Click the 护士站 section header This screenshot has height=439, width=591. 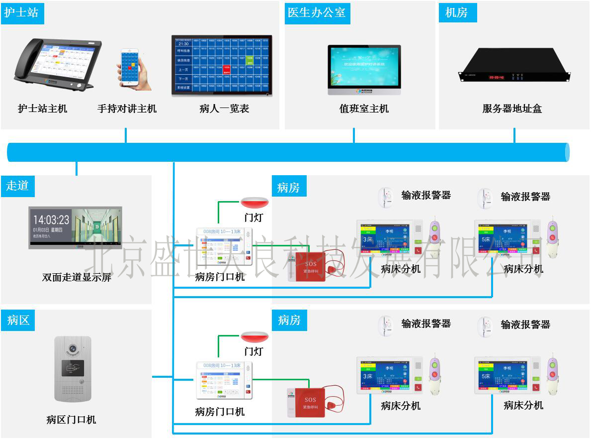pos(22,12)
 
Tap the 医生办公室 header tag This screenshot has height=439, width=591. pos(317,12)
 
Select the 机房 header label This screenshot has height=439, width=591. pos(457,12)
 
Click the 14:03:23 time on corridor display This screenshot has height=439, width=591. pos(51,219)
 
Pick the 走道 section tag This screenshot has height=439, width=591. pos(18,186)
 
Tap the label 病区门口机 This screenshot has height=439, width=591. pos(71,420)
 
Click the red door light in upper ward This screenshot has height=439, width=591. pos(254,203)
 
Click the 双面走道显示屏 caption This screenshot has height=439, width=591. pos(77,277)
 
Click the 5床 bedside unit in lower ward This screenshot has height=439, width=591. pos(503,375)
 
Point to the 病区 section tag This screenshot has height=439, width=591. pos(18,320)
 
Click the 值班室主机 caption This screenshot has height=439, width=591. pos(364,109)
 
